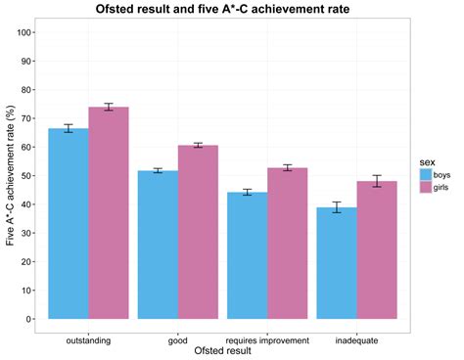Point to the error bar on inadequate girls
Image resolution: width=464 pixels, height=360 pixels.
click(377, 181)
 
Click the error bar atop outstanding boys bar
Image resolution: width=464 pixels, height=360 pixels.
click(69, 128)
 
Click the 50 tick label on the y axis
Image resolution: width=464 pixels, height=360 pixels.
click(32, 175)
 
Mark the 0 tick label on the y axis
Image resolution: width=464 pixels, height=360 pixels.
click(35, 319)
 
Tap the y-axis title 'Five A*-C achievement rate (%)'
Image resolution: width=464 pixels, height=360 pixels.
click(11, 176)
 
